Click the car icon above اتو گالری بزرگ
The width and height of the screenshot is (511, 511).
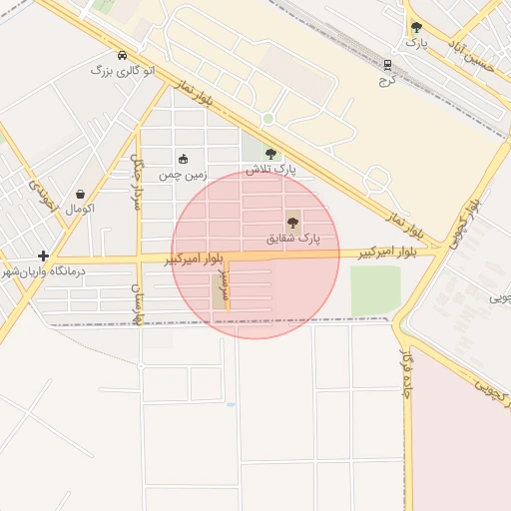click(x=122, y=56)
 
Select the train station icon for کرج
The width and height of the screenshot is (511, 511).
click(x=387, y=64)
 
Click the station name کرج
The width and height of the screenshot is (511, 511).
click(x=387, y=79)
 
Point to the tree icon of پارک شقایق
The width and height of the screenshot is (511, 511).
click(x=292, y=223)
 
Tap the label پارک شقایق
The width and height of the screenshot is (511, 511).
click(x=293, y=240)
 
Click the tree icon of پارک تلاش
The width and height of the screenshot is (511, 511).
click(x=270, y=154)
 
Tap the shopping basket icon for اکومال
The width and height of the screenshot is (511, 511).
click(x=80, y=194)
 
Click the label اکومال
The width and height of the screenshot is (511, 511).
click(x=80, y=210)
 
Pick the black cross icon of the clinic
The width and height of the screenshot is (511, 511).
click(x=43, y=255)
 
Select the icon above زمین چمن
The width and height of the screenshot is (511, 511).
click(x=183, y=159)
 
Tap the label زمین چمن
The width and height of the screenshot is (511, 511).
click(x=184, y=175)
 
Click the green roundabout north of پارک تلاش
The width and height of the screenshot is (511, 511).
click(x=267, y=120)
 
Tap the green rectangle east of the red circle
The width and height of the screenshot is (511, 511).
click(x=375, y=289)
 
